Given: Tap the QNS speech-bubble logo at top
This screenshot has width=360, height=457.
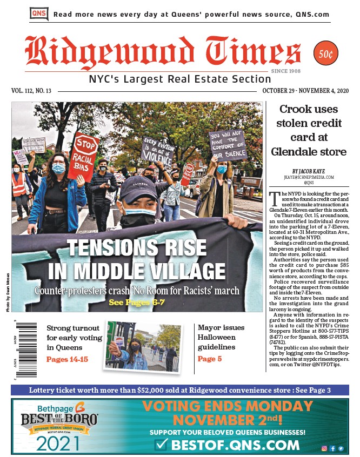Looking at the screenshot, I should click(39, 14).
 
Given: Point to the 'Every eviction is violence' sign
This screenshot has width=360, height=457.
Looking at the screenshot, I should click(157, 149).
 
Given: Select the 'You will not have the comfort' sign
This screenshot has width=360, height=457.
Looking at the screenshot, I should click(226, 145).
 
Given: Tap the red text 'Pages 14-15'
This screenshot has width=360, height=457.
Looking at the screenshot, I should click(67, 359).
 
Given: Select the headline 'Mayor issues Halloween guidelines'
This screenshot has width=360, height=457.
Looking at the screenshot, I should click(221, 337).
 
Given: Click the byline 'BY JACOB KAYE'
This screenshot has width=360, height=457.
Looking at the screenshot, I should click(309, 171).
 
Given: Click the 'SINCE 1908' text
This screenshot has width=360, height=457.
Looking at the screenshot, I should click(285, 71).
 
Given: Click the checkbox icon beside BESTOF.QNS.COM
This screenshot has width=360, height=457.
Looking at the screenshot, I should click(161, 445).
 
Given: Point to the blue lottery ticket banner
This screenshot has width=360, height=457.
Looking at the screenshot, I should click(179, 390).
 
